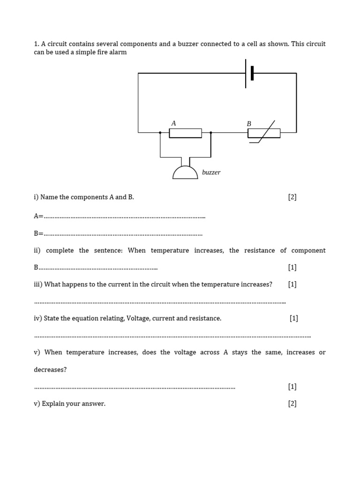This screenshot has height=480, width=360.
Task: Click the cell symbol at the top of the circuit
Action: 249,73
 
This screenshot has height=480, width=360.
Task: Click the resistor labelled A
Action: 185,133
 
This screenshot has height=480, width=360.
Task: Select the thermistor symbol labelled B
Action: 264,134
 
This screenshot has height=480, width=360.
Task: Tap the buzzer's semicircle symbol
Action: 185,172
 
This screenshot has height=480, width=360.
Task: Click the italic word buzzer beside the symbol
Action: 211,172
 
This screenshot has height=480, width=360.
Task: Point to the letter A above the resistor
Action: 173,123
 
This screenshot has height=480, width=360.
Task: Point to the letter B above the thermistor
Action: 249,124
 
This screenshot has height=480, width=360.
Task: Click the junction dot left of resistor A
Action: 160,133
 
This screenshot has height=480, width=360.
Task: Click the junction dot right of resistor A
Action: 210,133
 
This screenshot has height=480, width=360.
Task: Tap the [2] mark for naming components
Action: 292,197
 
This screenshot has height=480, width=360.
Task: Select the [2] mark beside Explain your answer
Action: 292,404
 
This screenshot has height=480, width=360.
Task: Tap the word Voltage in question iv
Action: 138,318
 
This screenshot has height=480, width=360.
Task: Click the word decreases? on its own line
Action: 50,370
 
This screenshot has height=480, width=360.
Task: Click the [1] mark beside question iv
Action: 294,318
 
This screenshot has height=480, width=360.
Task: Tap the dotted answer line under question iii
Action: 160,302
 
